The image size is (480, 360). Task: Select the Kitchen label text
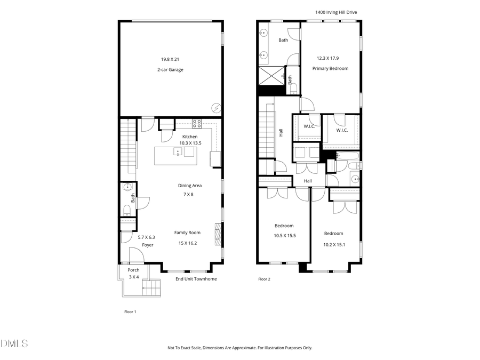[x=189, y=137]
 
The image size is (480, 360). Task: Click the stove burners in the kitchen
[x=197, y=123]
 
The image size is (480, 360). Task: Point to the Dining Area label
[x=189, y=186]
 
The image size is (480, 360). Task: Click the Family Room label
[x=187, y=233]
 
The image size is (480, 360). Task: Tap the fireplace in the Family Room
[x=217, y=233]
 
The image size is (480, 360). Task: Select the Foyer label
[x=148, y=245]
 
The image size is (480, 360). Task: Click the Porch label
[x=133, y=270]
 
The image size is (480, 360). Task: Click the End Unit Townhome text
[x=196, y=279]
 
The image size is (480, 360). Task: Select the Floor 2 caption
[x=264, y=279]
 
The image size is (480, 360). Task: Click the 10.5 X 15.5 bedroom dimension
[x=284, y=235]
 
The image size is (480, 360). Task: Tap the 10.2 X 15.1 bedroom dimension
[x=333, y=245]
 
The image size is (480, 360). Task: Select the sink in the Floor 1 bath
[x=127, y=187]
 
